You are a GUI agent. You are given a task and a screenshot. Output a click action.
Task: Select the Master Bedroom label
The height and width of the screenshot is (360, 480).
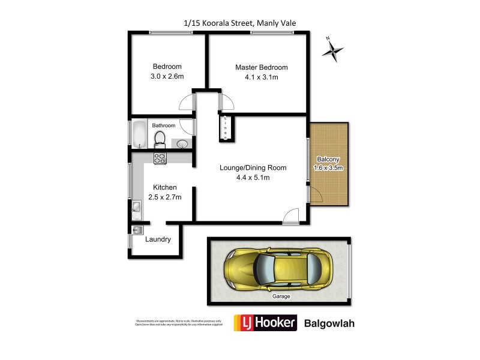pos(261,67)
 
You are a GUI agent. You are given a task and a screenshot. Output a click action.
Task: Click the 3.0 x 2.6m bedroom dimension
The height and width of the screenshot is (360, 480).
pos(167,77)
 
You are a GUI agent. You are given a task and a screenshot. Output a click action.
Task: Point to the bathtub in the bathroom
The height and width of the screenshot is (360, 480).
pos(138,134)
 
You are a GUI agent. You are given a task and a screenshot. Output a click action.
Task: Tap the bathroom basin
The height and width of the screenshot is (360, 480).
pos(181,143)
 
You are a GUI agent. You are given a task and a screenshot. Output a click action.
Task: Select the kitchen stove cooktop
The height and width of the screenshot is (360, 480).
pos(160,159)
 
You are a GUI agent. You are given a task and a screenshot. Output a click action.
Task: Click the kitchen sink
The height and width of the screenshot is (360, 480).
pos(136,208)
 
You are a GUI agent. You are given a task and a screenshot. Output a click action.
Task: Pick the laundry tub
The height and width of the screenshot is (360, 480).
pos(136,230)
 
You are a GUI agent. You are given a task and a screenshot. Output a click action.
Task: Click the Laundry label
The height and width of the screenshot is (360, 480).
pos(158,239)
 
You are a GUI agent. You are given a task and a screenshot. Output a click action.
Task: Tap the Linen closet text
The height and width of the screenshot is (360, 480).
pos(226,128)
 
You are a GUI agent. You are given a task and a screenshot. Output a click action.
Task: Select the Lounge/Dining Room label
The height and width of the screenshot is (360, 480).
pos(252,168)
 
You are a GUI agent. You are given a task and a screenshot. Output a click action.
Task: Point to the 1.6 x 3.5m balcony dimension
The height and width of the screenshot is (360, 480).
pos(329,168)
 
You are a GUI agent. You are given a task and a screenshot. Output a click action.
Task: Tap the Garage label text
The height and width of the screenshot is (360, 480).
pos(279,296)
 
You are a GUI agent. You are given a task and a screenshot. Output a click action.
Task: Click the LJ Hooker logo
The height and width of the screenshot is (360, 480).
pos(265,323)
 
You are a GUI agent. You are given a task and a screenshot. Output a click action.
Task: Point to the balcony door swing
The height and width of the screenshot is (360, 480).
pos(317,195)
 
